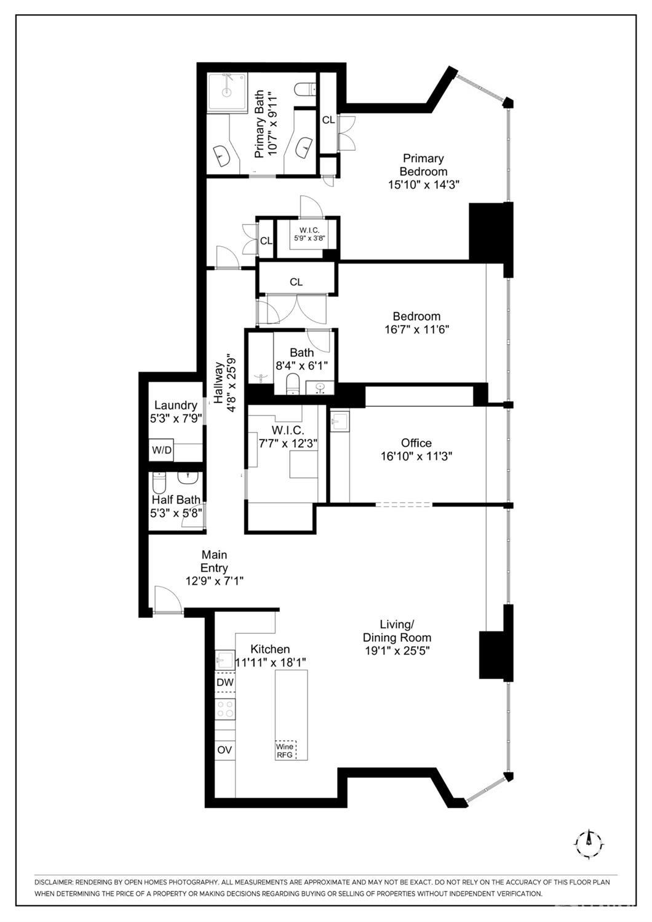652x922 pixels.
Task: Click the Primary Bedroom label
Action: point(423,165)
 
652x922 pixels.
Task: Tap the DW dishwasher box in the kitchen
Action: point(225,683)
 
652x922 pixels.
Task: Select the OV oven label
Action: point(225,750)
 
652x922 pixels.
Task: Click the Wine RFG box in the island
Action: point(285,750)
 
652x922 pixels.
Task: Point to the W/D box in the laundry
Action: point(162,451)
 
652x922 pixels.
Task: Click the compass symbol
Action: point(589,840)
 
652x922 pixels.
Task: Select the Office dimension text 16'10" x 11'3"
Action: point(416,456)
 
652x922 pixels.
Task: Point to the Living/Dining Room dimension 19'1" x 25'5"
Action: point(397,651)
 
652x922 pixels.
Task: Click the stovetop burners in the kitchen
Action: point(225,709)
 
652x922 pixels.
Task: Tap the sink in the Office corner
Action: point(340,422)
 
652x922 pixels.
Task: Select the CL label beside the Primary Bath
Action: point(328,120)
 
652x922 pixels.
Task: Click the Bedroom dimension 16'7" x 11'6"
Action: point(416,329)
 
